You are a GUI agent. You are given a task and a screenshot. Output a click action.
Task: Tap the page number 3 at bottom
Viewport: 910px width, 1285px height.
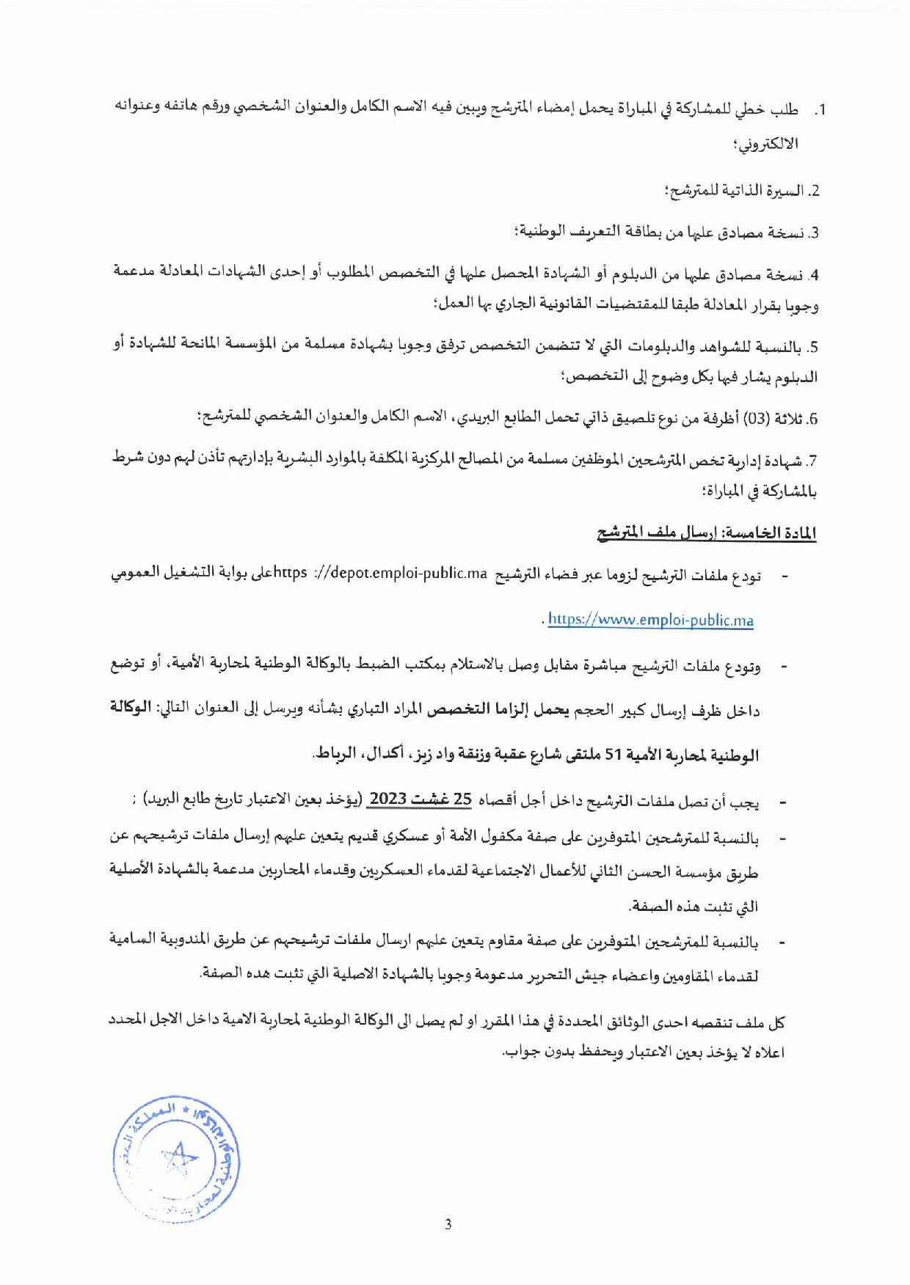click(x=448, y=1224)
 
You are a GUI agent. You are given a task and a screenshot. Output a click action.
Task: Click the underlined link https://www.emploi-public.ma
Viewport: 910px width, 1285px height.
click(x=650, y=620)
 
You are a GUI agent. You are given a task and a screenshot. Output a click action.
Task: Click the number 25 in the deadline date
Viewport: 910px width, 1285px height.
click(x=462, y=800)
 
